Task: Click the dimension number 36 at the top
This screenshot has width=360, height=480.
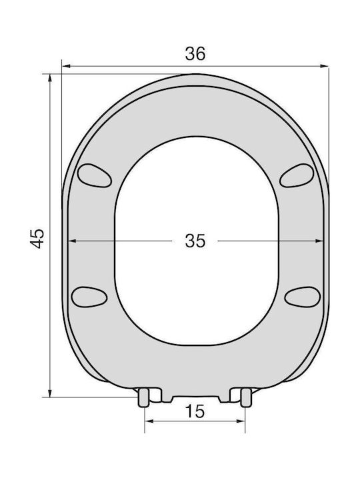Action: [x=195, y=54]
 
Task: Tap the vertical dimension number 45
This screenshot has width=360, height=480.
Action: [x=37, y=238]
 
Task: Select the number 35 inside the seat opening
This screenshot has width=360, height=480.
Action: [x=195, y=241]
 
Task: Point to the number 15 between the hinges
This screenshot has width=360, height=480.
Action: [x=195, y=411]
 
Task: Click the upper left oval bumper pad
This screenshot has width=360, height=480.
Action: [x=94, y=175]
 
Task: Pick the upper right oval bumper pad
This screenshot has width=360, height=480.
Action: [x=297, y=175]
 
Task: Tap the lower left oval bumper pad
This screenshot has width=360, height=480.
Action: [x=89, y=297]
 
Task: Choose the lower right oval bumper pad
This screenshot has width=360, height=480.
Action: [x=303, y=297]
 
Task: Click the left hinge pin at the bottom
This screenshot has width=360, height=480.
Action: [x=143, y=397]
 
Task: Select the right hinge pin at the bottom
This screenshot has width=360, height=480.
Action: [x=245, y=397]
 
